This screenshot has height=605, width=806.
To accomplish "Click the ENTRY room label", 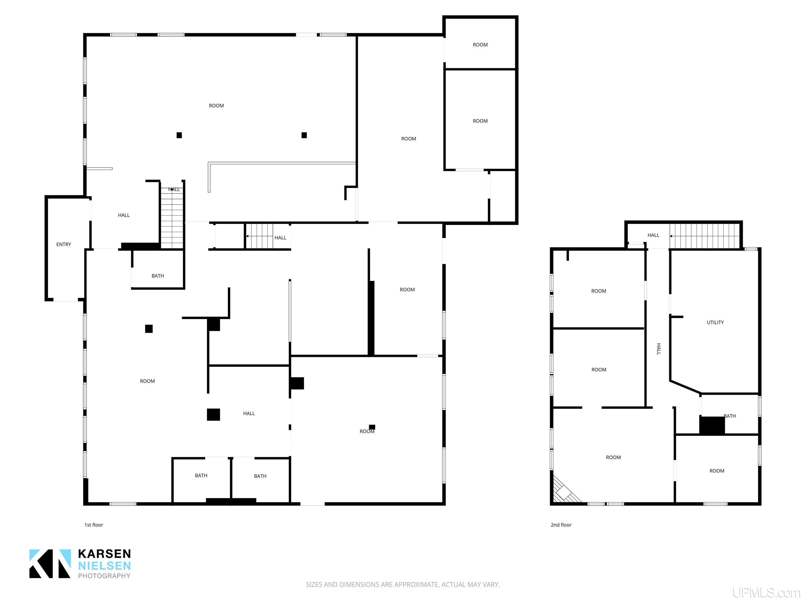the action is coord(63,244).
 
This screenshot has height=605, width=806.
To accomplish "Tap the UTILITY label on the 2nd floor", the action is coord(715,322).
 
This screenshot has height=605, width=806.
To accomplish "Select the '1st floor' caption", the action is coord(94,525).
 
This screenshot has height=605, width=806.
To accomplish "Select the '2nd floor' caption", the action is coord(561,525).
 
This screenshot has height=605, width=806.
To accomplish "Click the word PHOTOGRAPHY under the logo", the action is coord(104,576).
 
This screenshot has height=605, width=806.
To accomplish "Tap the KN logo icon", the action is coord(50,564).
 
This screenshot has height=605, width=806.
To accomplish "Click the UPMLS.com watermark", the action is coord(766,593).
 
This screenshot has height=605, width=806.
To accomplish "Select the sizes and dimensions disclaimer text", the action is coord(403,585).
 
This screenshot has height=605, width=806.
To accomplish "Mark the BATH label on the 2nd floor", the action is coord(730,416).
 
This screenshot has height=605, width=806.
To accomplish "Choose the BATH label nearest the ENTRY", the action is coord(158,276).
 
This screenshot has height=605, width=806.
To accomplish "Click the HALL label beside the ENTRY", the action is coord(124,215).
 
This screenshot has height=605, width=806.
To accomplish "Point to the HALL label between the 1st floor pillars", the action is coord(249,413).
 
